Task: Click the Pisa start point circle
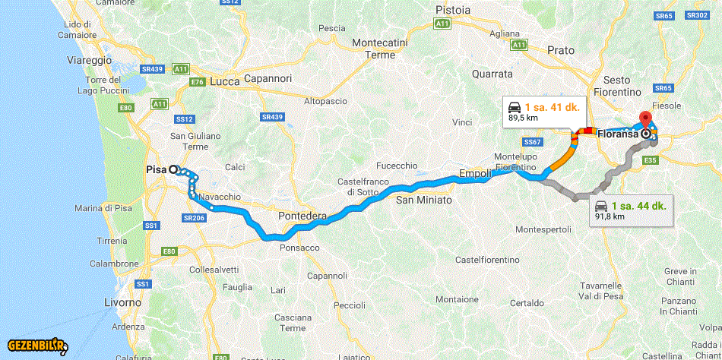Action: point(173,170)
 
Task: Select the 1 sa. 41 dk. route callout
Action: point(544,111)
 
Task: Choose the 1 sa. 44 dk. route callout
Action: point(631,210)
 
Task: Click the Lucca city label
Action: point(225,81)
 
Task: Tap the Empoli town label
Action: point(475,175)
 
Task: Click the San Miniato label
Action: point(423,200)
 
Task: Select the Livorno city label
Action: point(123,302)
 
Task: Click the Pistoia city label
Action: point(453,10)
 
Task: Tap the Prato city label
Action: point(561,50)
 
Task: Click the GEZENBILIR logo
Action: point(38,346)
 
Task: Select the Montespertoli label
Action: point(543,229)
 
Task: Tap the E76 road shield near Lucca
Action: point(198,81)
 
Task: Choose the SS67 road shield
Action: point(531,142)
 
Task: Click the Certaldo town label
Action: point(527,302)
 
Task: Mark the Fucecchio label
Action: point(397,166)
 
